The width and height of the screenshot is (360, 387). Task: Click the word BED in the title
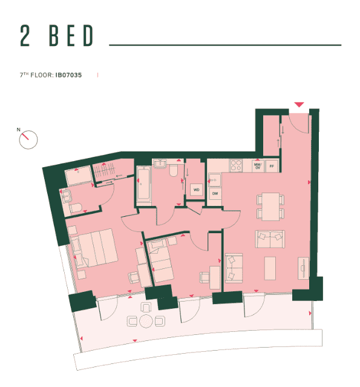72,37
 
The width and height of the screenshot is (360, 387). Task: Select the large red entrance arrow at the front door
299,105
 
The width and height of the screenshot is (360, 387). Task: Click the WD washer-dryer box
196,190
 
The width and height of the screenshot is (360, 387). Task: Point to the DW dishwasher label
214,193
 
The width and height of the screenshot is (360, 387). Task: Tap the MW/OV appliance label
257,165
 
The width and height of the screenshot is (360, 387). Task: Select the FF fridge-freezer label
272,165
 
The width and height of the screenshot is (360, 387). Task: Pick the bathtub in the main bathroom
143,184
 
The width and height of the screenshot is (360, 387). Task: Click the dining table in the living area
269,207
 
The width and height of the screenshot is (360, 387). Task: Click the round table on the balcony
146,321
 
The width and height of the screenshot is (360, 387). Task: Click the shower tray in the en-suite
77,176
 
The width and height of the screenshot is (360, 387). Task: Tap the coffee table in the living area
270,268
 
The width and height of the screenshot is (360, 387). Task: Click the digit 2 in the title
25,37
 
